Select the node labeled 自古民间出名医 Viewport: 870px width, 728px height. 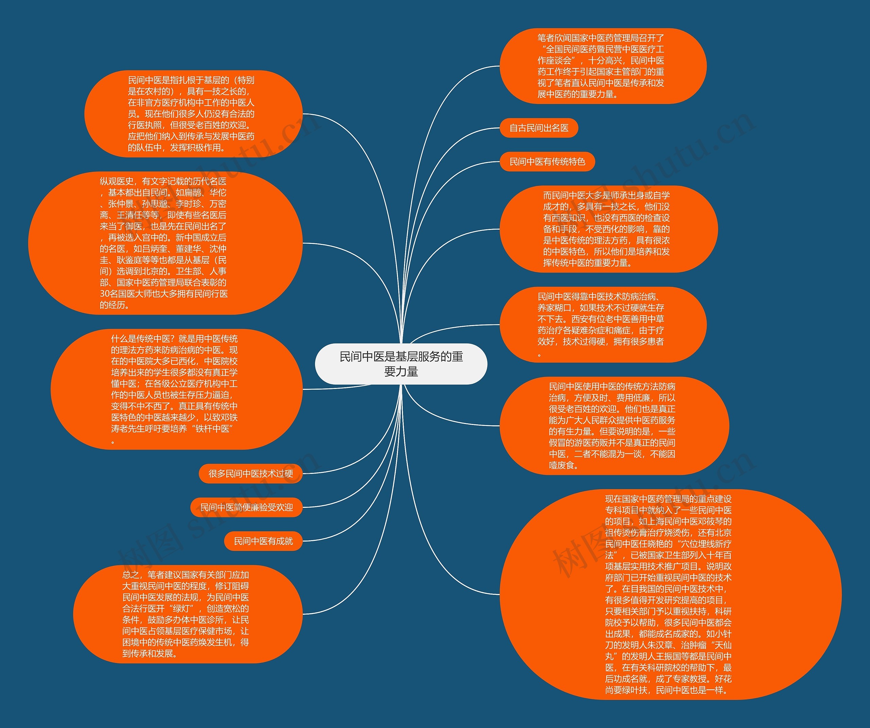pos(539,128)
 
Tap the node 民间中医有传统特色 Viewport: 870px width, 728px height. pos(547,161)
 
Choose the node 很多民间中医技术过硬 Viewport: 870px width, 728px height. pos(251,473)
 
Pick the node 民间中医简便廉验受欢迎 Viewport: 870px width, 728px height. pos(246,507)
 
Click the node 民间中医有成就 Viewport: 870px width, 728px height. pos(263,541)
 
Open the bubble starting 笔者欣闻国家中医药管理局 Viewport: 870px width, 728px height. pos(603,66)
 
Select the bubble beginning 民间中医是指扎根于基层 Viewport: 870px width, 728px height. pos(193,114)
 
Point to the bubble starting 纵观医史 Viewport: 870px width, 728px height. pos(165,243)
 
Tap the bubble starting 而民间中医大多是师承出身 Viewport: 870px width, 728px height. pos(608,229)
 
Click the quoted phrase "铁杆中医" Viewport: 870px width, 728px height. pos(214,429)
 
